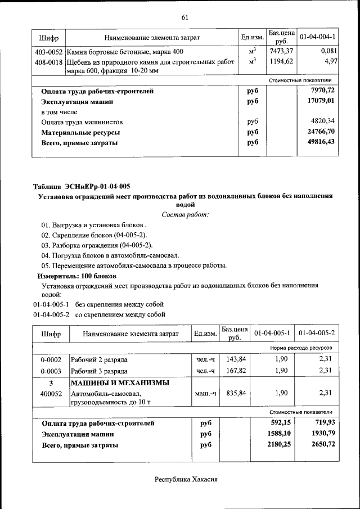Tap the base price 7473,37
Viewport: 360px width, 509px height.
pos(281,51)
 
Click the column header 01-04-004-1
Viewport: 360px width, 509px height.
pos(317,37)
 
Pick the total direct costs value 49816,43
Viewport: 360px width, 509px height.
pos(318,142)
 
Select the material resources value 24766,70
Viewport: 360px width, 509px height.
pos(318,132)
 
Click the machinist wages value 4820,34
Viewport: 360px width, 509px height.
pos(319,121)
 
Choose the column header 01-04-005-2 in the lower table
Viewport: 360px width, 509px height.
pos(317,334)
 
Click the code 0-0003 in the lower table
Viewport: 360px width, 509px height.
pos(51,371)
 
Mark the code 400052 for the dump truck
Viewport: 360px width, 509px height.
pos(51,394)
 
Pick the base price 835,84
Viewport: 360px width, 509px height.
pos(235,394)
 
